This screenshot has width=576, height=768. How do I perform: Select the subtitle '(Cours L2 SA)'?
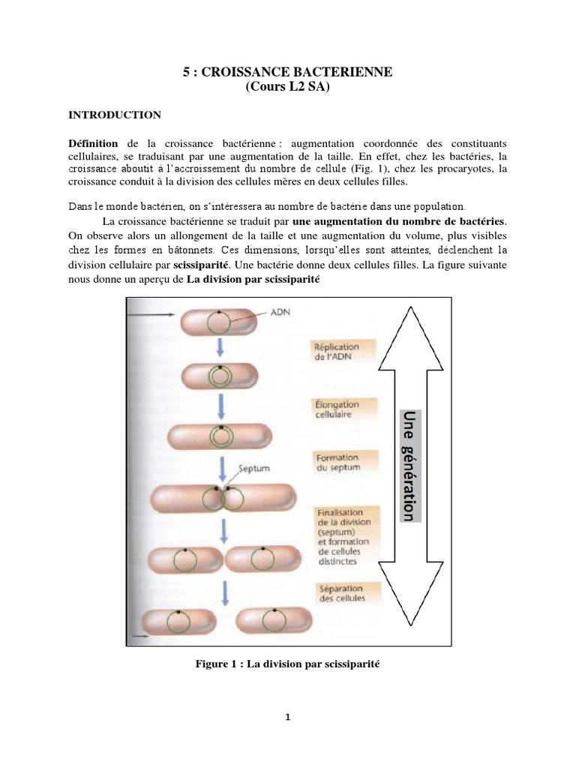pyautogui.click(x=288, y=87)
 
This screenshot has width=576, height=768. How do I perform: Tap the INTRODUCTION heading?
pyautogui.click(x=115, y=115)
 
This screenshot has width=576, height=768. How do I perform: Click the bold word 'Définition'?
pyautogui.click(x=94, y=142)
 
